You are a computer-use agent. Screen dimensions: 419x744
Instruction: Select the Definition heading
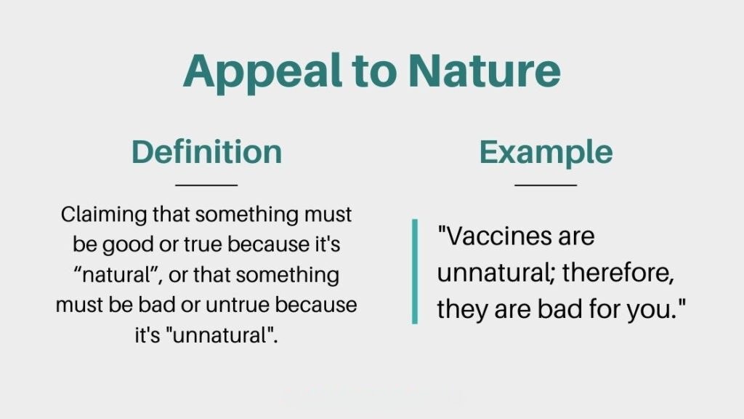[206, 152]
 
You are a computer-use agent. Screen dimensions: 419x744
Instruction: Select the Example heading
[546, 152]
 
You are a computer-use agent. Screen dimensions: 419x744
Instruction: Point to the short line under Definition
[206, 185]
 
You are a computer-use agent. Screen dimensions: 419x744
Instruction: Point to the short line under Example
[546, 185]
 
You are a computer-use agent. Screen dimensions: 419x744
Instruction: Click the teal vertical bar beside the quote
[415, 271]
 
